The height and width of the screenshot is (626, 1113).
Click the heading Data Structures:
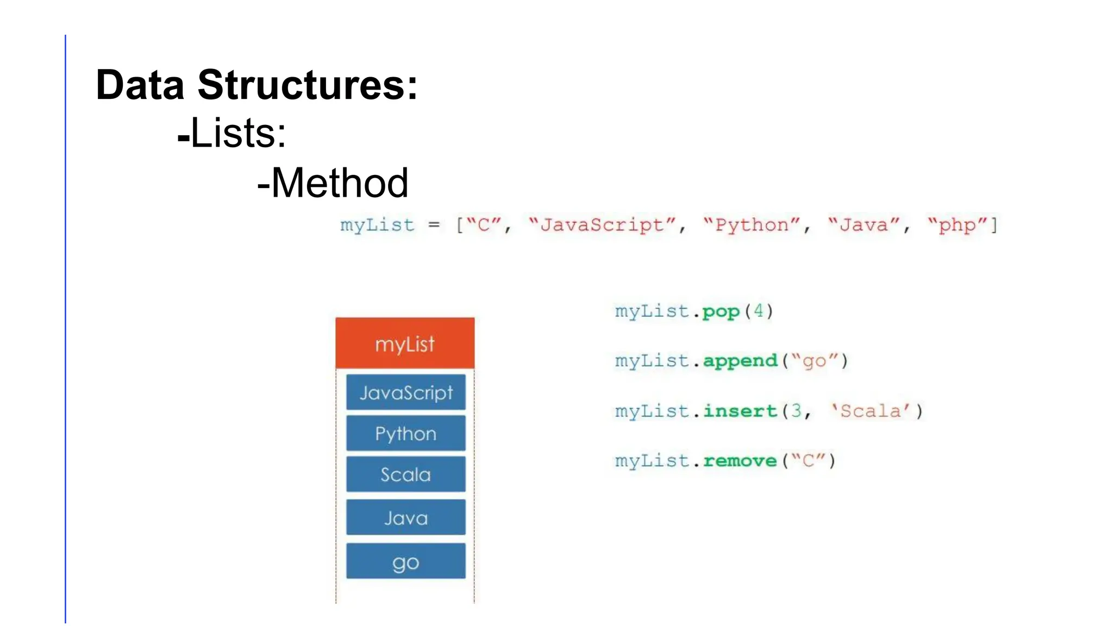[257, 85]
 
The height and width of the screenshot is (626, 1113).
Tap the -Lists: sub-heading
[232, 133]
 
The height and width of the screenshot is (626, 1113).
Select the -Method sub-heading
[333, 183]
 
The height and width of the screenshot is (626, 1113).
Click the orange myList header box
[405, 343]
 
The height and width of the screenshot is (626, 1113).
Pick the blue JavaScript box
[406, 392]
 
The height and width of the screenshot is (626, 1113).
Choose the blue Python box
[406, 434]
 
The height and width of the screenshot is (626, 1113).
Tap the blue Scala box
[406, 474]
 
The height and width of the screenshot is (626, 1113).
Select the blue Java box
[406, 518]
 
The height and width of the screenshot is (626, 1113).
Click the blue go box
[406, 562]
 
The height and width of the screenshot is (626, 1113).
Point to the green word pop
[721, 312]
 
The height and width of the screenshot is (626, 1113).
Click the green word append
[740, 361]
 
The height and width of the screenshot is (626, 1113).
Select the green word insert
[740, 411]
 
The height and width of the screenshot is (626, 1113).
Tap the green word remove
[740, 461]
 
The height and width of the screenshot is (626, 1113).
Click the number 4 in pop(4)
[759, 311]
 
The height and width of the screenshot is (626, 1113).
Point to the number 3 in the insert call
[796, 410]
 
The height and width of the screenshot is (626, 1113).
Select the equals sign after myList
[434, 225]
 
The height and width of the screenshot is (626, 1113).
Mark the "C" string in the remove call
[808, 461]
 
